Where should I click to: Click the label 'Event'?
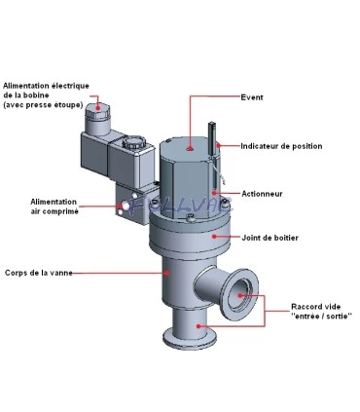pyautogui.click(x=251, y=97)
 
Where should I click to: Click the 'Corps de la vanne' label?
pyautogui.click(x=38, y=274)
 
